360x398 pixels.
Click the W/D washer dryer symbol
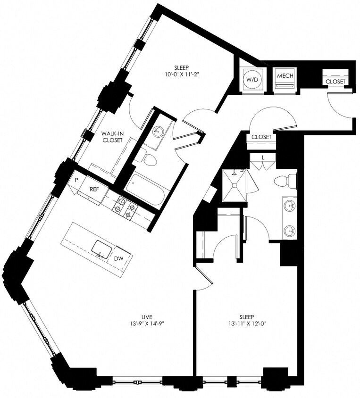pos(251,80)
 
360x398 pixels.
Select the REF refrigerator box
pos(94,190)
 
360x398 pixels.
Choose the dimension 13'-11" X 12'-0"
pos(247,323)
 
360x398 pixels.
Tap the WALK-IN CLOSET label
pos(112,137)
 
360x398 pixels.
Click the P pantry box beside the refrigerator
pos(75,180)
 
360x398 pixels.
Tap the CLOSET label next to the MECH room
pos(335,82)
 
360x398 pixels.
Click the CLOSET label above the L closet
pos(261,137)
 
